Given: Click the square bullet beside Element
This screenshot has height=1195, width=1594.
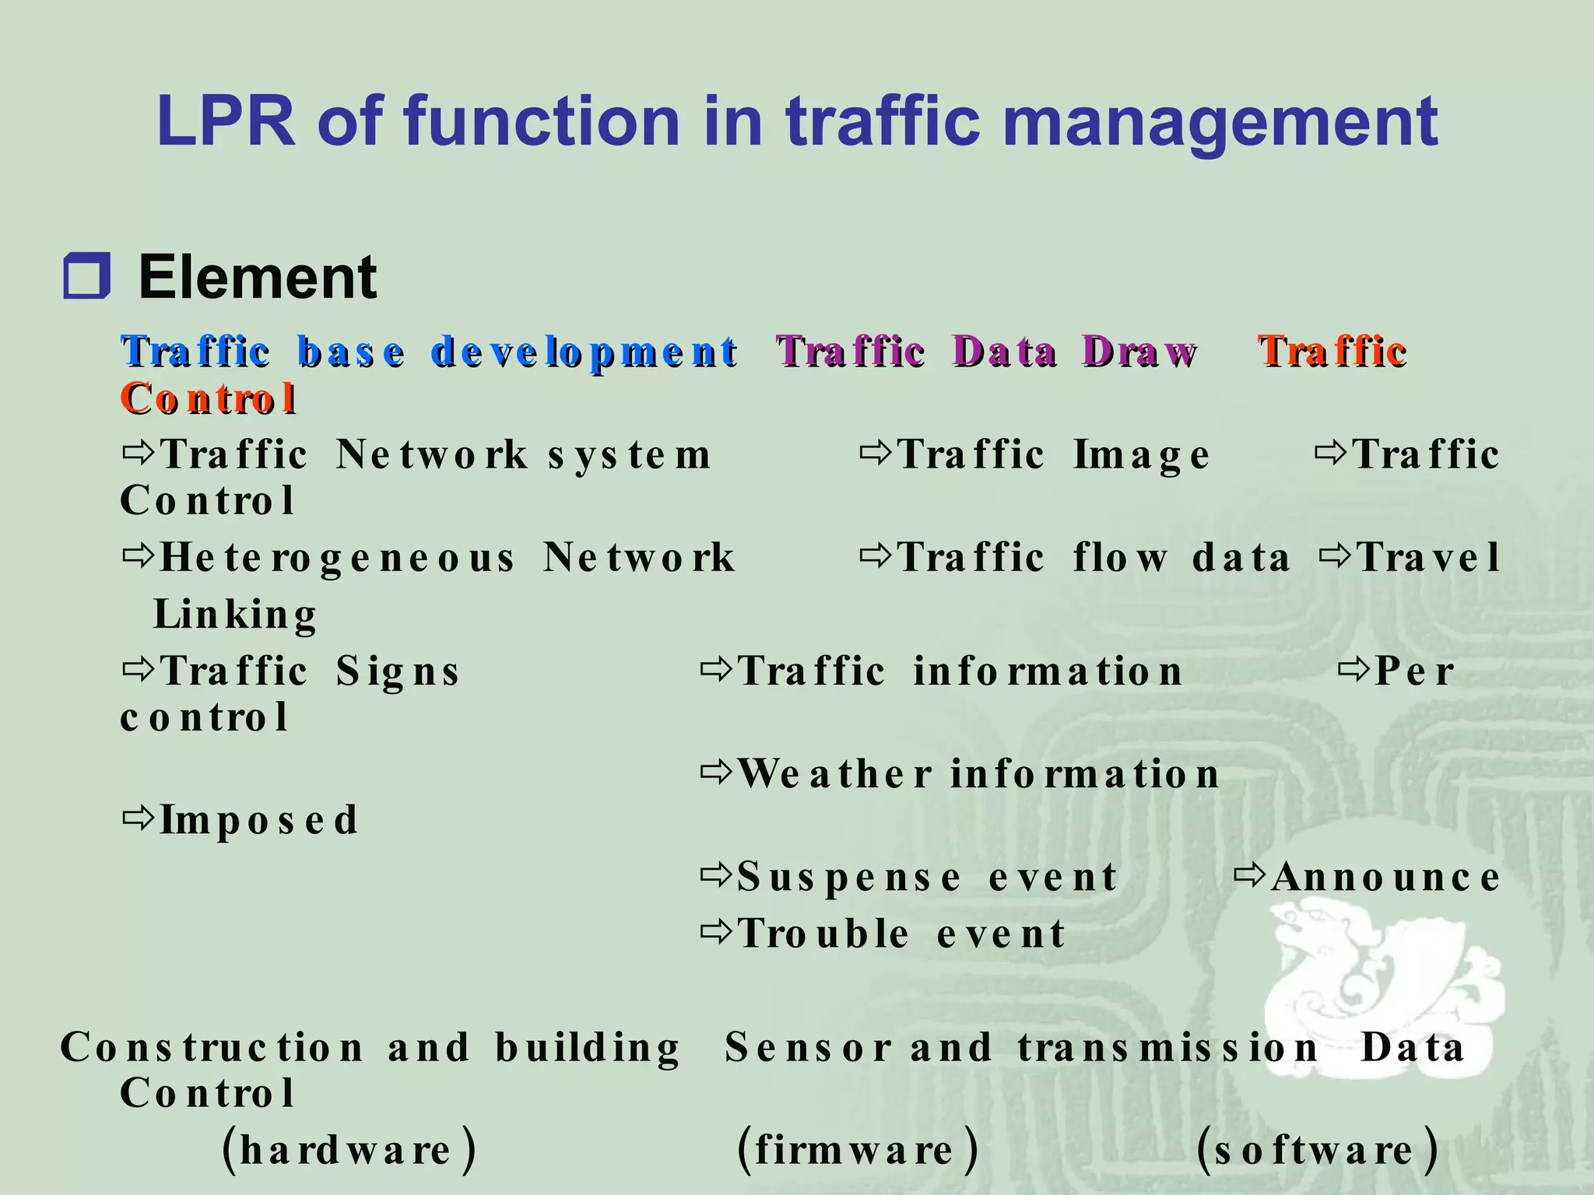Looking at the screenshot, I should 86,276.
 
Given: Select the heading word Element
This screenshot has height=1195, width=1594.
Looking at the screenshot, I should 258,278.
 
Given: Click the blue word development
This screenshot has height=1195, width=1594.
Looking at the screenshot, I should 583,352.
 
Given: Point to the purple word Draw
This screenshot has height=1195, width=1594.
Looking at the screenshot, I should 1139,352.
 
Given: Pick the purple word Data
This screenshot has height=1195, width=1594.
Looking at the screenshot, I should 1004,352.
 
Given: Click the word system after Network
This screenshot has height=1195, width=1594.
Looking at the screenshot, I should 629,456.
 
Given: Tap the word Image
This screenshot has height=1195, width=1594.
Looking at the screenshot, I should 1141,456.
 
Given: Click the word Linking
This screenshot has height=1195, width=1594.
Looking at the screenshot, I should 235,615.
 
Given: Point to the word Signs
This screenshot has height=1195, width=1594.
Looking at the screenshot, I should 398,671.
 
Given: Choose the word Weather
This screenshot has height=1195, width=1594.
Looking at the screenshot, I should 834,774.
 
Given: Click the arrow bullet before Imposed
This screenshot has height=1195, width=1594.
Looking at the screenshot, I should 139,818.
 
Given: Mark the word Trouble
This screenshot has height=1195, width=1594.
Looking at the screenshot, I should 823,934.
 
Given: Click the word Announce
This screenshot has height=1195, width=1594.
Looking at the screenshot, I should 1385,878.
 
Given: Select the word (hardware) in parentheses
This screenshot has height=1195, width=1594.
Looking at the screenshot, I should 349,1150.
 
